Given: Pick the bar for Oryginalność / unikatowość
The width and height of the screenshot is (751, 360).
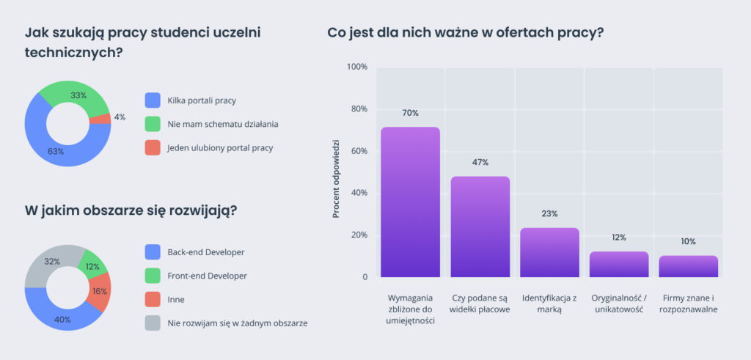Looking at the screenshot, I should tap(619, 265).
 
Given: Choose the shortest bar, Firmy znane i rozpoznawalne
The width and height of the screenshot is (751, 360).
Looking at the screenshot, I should tap(688, 267).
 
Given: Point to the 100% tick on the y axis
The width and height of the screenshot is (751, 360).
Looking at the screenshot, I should tap(357, 67).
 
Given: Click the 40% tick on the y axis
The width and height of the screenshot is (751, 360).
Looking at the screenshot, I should tap(359, 194).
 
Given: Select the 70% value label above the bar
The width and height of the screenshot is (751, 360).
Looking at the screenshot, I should tap(410, 113).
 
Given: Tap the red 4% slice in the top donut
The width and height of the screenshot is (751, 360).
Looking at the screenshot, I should tap(104, 118).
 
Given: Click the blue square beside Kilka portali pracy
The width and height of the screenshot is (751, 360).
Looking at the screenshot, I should tap(153, 100).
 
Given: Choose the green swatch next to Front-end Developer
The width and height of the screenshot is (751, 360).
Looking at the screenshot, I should tap(153, 276).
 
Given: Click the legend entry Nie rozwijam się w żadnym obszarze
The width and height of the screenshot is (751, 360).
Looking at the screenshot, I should tap(237, 323).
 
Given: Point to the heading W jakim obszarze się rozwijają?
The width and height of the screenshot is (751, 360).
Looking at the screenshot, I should tap(131, 210).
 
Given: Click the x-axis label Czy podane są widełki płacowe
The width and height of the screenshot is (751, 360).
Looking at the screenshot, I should tap(480, 304).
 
